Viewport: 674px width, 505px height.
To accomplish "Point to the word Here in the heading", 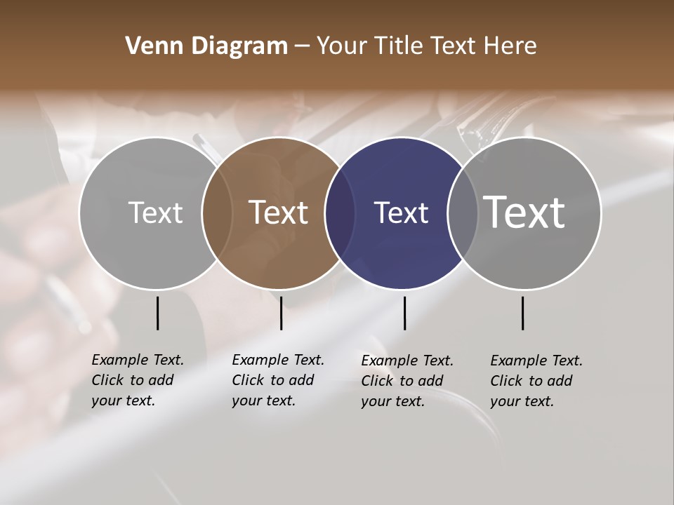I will click(x=511, y=46).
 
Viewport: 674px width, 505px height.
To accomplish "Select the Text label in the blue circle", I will click(x=401, y=213).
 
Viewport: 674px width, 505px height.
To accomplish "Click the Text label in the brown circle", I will click(x=279, y=213).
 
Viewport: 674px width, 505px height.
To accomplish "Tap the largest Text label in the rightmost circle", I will click(x=524, y=212).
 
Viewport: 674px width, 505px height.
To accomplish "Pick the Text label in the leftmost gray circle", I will click(x=155, y=213).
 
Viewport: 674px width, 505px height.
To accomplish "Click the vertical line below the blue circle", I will click(x=404, y=313).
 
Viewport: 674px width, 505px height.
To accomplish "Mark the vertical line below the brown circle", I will click(x=281, y=313).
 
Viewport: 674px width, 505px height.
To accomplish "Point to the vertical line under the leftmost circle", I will click(x=157, y=313).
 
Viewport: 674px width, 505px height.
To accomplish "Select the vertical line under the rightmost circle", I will click(x=522, y=313).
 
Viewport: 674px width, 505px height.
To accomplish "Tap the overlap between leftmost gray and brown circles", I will click(x=217, y=213).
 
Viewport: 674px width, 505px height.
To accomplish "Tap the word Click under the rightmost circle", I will click(x=506, y=381).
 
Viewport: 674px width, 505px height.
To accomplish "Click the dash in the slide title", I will click(x=302, y=47).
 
